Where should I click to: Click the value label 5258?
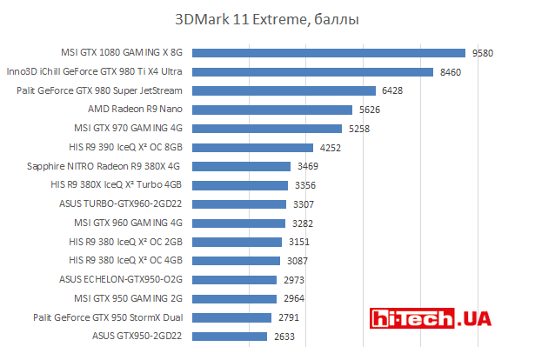coord(358,129)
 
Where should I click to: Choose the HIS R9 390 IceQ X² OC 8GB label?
coord(124,147)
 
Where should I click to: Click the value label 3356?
coord(305,185)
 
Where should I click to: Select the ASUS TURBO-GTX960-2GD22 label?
coord(121,204)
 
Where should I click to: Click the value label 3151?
coord(299,242)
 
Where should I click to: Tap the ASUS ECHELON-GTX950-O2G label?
coord(121,279)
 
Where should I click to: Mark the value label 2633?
coord(284,336)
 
